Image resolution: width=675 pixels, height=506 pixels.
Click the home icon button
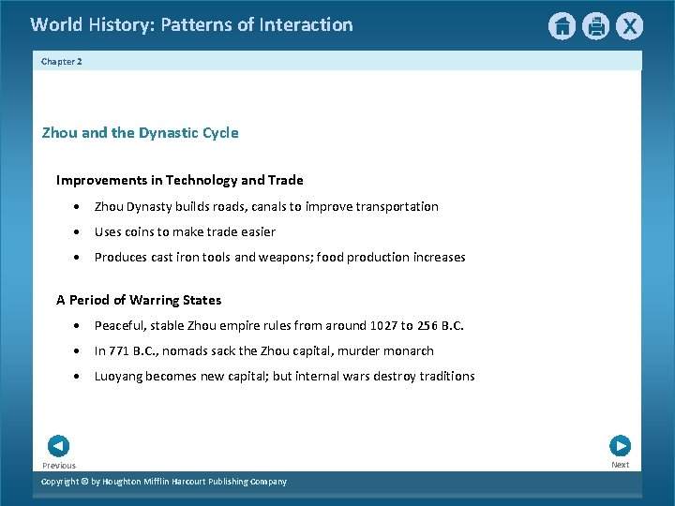coord(562,26)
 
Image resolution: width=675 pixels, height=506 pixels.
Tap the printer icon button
coord(595,26)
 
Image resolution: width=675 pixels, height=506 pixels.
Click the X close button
coord(629,26)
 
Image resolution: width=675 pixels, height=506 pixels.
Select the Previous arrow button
coord(58,446)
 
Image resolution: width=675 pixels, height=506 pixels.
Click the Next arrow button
coord(620,446)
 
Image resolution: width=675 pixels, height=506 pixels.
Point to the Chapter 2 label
coord(62,61)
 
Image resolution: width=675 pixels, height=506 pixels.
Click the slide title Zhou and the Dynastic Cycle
coord(140,133)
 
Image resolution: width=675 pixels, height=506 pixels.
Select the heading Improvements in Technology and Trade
coord(179,180)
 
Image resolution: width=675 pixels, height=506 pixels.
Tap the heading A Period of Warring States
coord(139,300)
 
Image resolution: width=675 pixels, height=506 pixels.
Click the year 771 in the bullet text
coord(119,350)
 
